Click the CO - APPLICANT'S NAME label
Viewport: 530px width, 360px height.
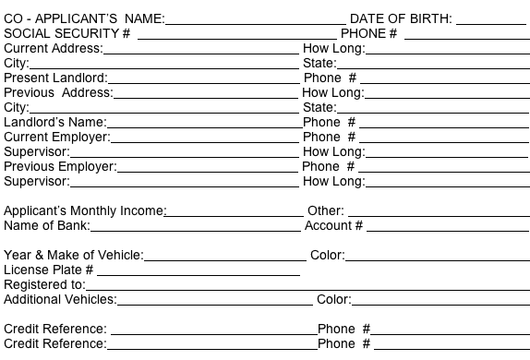(x=84, y=18)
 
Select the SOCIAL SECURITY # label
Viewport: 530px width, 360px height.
(x=66, y=33)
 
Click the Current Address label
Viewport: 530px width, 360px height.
(x=54, y=48)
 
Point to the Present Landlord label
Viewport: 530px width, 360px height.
(x=55, y=78)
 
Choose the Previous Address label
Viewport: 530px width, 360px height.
(x=58, y=92)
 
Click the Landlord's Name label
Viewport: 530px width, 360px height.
(x=55, y=122)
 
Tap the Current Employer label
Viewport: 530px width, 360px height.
(x=57, y=137)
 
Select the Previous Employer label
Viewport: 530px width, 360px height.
(x=60, y=166)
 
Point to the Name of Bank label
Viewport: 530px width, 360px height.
(x=46, y=225)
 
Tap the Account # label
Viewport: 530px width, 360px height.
(x=333, y=225)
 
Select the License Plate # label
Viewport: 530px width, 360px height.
(x=49, y=270)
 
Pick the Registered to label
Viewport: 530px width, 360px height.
(x=44, y=284)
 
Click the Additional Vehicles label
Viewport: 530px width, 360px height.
(x=60, y=299)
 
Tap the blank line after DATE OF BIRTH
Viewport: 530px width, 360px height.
(x=492, y=22)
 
